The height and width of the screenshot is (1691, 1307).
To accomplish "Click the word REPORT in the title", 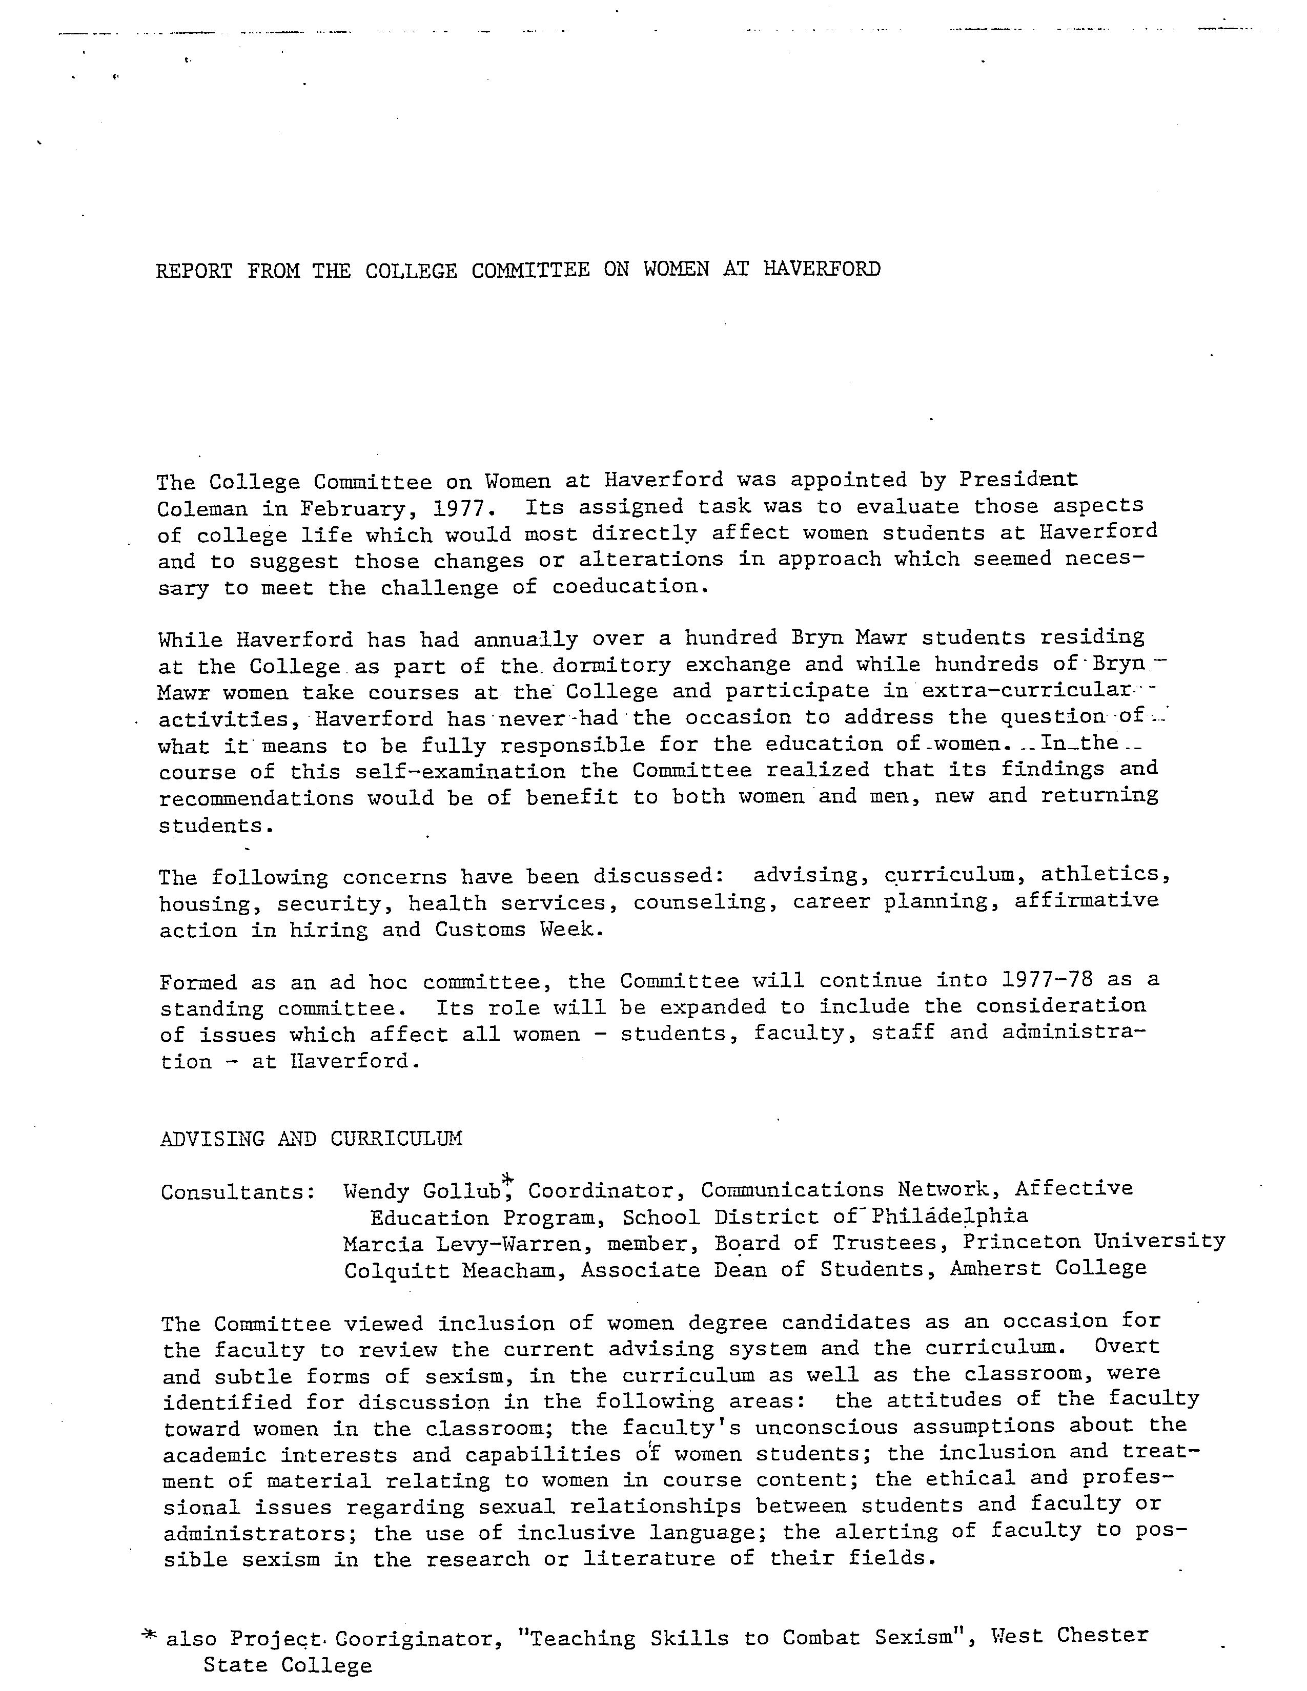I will (x=194, y=271).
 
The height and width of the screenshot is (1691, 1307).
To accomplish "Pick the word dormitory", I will (x=601, y=665).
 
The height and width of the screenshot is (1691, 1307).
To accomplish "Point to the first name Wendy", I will (x=376, y=1191).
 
